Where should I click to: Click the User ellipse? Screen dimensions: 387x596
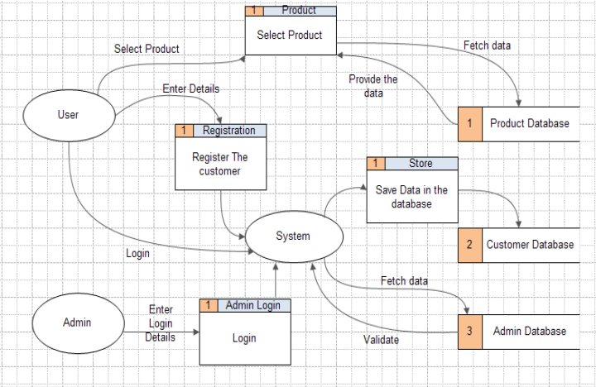pos(69,115)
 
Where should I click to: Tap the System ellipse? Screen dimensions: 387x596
pos(292,236)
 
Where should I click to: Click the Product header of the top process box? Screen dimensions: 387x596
pos(298,11)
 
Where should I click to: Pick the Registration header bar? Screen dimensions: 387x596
pos(228,131)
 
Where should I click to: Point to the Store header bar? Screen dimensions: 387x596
pos(421,164)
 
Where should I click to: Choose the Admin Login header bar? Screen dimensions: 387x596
pos(253,305)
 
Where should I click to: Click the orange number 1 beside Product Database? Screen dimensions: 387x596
pos(469,124)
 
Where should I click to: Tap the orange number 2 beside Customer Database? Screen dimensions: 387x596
pos(469,245)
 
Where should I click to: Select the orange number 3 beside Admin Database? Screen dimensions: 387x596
pos(469,331)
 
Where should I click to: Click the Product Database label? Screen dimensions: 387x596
pos(529,124)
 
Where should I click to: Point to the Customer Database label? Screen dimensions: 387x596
pos(530,245)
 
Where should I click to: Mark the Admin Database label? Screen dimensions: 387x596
pos(530,331)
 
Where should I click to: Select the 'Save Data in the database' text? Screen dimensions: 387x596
pos(411,196)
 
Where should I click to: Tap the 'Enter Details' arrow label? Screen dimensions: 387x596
pos(191,88)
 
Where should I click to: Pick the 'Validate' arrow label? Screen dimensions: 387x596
pos(382,339)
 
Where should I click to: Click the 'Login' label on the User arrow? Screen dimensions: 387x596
pos(137,253)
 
